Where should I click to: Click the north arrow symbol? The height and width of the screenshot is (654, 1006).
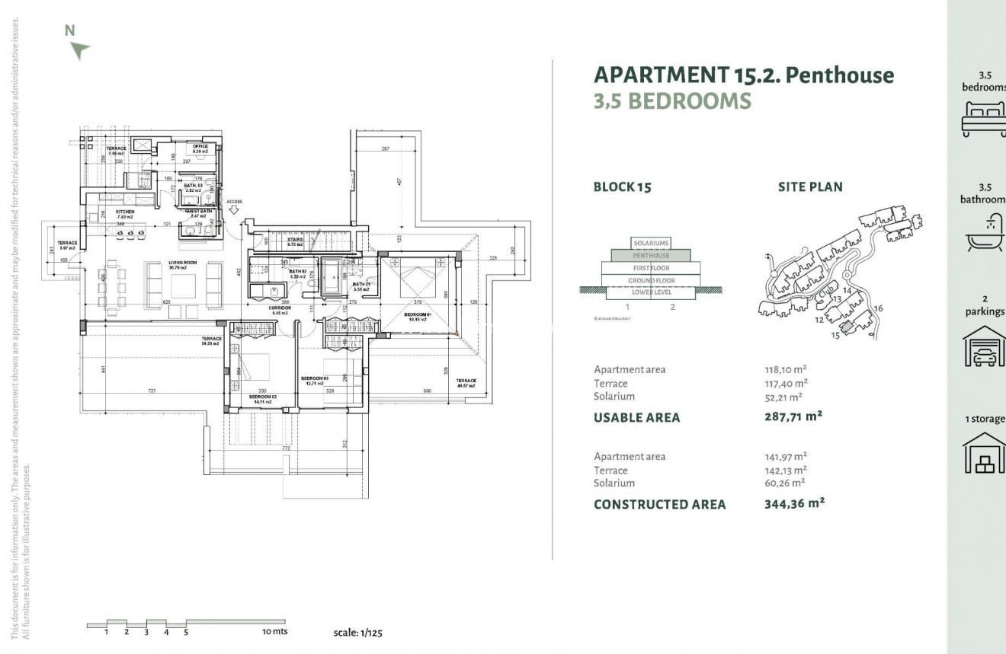point(78,50)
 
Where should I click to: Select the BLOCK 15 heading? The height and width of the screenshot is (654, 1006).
point(623,187)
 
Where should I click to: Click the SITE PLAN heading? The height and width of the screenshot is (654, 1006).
point(810,187)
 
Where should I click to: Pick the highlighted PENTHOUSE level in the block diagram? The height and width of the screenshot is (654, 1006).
point(651,256)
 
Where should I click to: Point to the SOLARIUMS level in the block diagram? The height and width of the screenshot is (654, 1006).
point(651,244)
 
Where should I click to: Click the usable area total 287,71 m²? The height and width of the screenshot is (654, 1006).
point(794,416)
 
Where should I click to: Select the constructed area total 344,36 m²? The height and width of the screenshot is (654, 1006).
point(794,503)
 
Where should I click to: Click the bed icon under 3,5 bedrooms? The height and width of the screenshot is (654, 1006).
point(985,119)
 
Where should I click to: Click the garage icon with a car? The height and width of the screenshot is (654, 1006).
point(985,349)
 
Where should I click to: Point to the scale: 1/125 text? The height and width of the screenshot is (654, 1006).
point(364,632)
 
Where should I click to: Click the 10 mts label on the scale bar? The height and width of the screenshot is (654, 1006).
point(275,631)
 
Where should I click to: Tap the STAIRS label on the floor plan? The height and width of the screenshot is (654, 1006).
point(295,240)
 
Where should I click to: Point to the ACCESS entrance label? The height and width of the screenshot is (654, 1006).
point(234,202)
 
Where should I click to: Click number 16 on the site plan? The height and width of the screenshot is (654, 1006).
point(878,308)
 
